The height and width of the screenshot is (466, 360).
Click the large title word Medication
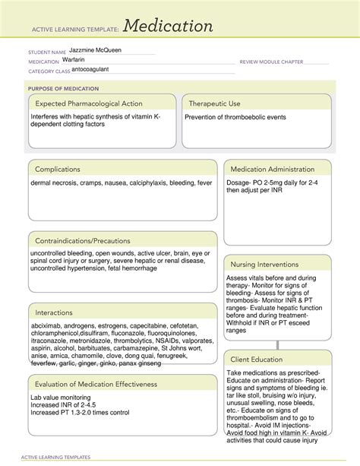(x=169, y=27)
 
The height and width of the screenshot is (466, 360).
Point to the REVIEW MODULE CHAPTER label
(x=271, y=62)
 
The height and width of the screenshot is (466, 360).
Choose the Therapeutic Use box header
(x=215, y=103)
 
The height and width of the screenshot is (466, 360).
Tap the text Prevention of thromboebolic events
(x=235, y=118)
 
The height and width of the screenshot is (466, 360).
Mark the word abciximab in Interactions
(x=48, y=325)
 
